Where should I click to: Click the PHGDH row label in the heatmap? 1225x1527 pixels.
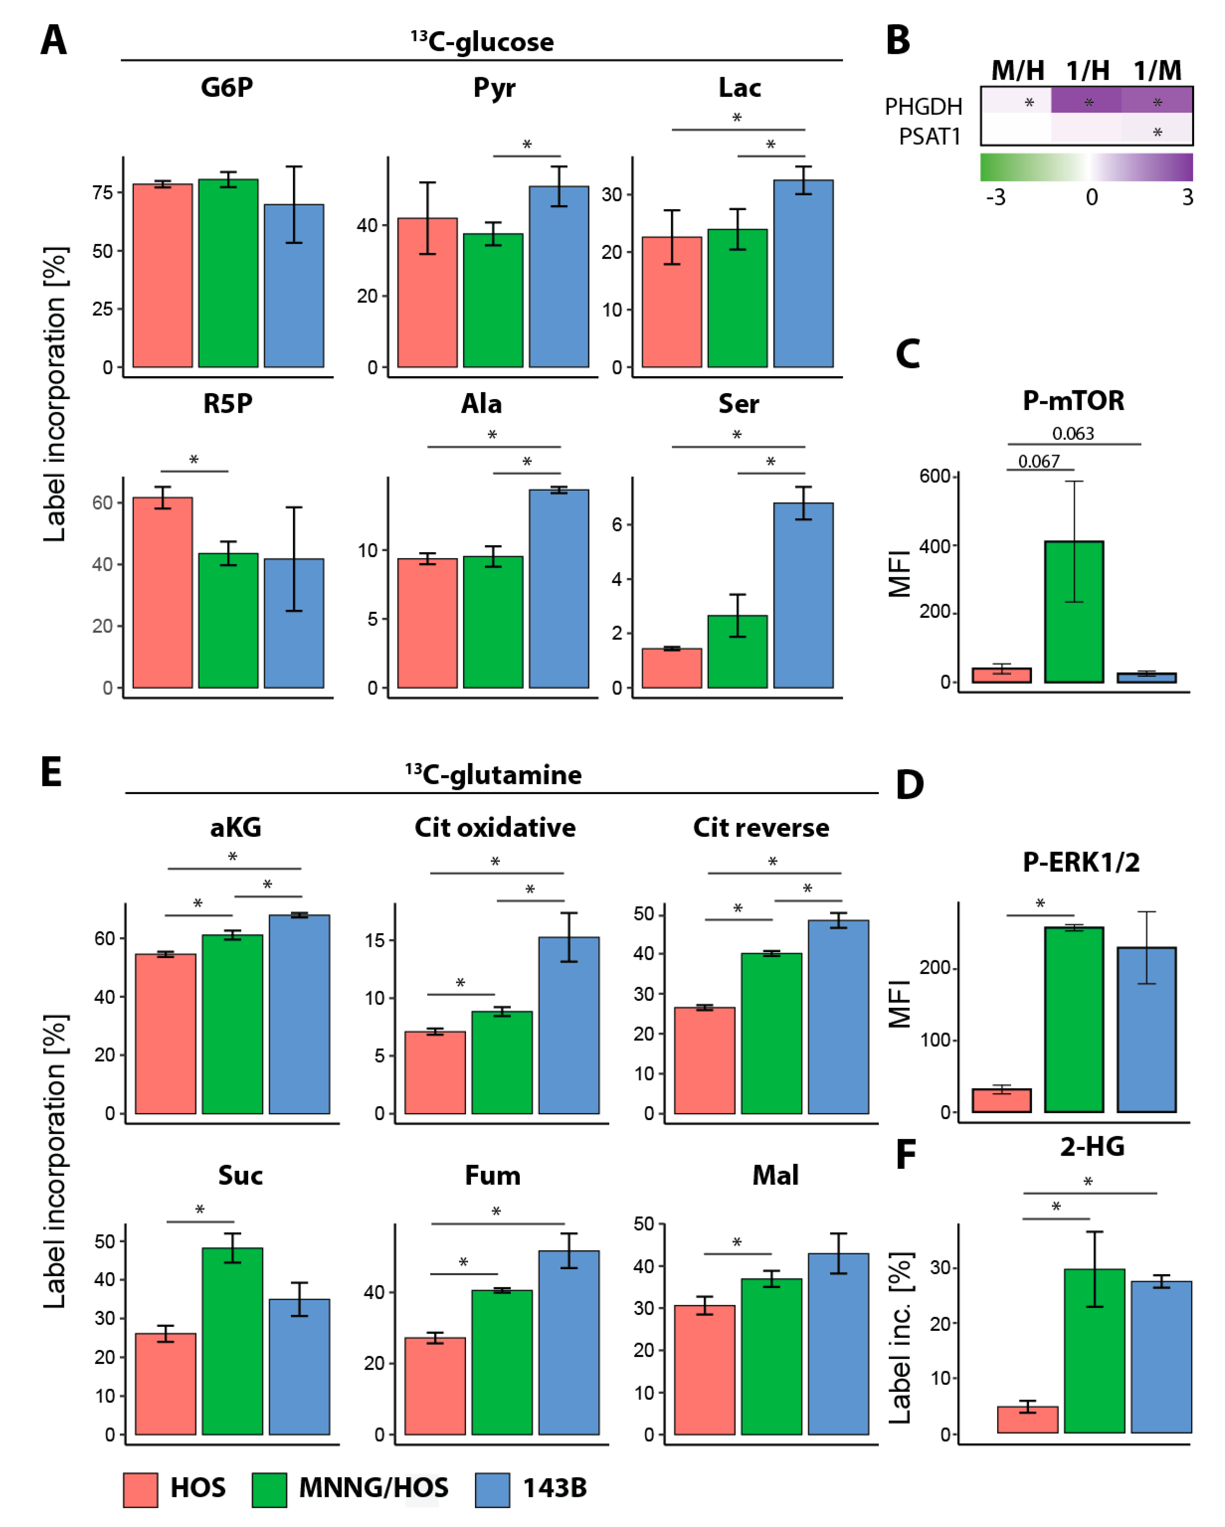(923, 107)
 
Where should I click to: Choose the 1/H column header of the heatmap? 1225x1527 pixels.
(1088, 71)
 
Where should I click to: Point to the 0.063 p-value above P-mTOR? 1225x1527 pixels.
(1073, 434)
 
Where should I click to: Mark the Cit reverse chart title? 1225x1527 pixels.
(761, 827)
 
